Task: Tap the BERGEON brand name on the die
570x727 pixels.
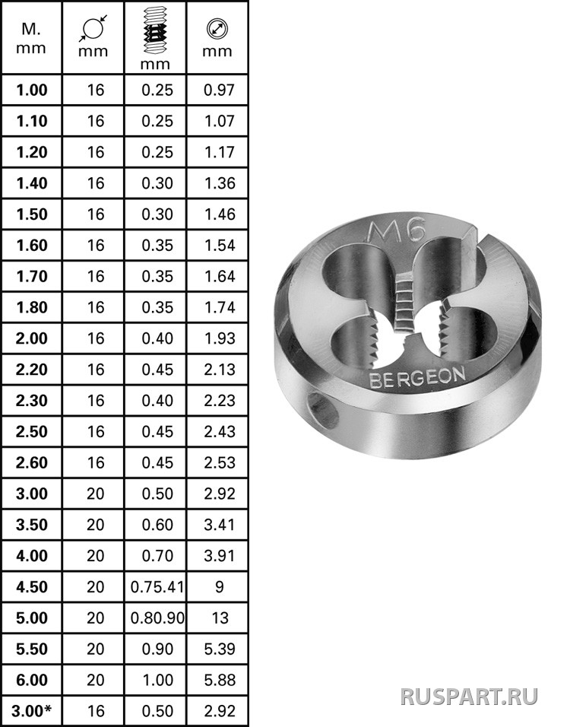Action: [x=417, y=377]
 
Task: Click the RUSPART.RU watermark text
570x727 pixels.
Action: [x=470, y=697]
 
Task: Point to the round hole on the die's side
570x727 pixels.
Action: [x=323, y=409]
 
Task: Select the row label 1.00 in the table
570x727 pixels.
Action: [x=31, y=90]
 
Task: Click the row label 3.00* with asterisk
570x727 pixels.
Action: [x=31, y=711]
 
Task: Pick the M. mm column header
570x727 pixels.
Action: [x=31, y=39]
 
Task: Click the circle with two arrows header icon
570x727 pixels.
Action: [x=217, y=29]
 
